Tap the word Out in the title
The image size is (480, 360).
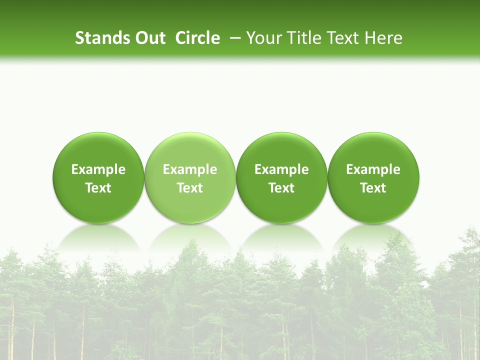149,38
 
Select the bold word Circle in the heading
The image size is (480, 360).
197,38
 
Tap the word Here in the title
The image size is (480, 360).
383,38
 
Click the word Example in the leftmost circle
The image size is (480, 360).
98,169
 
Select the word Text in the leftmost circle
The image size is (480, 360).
98,188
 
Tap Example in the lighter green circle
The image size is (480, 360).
190,169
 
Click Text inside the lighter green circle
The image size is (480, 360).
190,188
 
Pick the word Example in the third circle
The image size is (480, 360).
281,169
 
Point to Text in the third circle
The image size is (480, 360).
281,188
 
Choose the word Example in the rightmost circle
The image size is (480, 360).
373,169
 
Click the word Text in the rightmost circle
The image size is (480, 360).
373,188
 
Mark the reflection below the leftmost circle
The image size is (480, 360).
98,237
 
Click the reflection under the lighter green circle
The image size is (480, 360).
190,237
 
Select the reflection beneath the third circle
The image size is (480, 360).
281,237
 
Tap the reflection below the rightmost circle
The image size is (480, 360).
373,237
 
